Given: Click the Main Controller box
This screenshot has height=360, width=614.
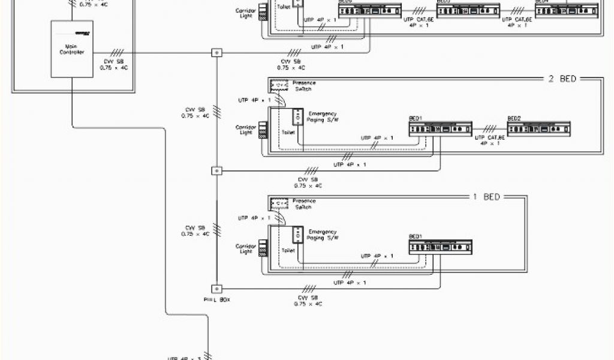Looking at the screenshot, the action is click(72, 49).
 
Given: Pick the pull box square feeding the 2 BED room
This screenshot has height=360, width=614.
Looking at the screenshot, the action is click(216, 171).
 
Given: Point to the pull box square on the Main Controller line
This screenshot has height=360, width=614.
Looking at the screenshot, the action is click(216, 53).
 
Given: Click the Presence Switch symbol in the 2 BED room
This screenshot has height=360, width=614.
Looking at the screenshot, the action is click(279, 85).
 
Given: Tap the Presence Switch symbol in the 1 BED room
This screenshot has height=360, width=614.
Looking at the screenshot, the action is click(279, 203).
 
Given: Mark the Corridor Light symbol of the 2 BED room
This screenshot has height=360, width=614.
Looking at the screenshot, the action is click(261, 131).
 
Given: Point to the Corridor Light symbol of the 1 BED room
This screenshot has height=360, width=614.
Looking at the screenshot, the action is click(261, 248).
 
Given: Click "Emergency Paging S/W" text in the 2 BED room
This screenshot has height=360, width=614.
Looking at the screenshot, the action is click(323, 116).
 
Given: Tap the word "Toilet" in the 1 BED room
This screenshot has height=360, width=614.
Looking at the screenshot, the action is click(288, 250).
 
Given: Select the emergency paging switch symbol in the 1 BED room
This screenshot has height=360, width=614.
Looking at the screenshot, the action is click(297, 233).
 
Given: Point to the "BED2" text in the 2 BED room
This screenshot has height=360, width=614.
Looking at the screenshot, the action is click(514, 118).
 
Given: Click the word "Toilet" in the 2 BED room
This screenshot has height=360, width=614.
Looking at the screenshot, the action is click(288, 133).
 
